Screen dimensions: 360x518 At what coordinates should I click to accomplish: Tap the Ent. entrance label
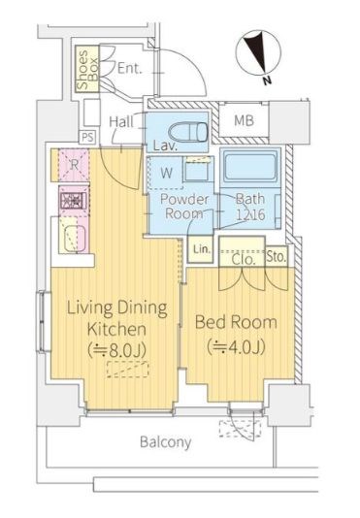pos(130,69)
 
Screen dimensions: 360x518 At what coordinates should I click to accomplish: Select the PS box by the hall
pos(87,137)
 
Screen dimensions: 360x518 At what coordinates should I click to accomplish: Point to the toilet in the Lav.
pos(188,132)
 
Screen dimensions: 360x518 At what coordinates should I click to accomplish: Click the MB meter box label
pos(244,120)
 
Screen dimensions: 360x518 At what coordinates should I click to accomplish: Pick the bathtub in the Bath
pos(250,168)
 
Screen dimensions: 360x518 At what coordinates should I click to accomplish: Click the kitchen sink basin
pos(75,239)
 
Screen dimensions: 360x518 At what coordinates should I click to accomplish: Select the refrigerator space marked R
pos(74,165)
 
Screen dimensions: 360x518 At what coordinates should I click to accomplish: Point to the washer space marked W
pos(165,173)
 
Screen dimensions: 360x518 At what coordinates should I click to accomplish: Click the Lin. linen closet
pos(201,249)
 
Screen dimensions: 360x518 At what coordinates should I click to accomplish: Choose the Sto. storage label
pos(277,256)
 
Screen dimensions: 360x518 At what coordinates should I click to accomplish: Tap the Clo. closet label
pos(244,259)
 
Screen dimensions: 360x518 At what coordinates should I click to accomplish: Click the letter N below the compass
pos(267,81)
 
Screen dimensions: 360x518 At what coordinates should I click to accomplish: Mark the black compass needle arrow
pos(258,51)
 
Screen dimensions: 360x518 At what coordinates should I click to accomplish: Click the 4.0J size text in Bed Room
pos(237,347)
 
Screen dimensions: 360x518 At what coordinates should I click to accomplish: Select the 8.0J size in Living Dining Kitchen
pos(117,350)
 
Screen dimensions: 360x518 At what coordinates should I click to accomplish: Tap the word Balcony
pos(165,442)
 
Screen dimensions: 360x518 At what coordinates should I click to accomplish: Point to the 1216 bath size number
pos(251,214)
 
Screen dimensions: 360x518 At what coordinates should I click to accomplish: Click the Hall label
pos(121,121)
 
